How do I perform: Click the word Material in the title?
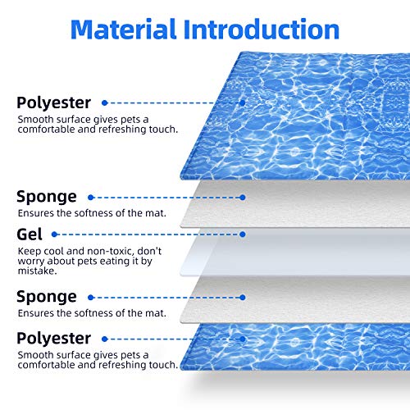click(x=123, y=29)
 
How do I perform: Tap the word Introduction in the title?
click(x=262, y=29)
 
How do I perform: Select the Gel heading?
click(x=30, y=235)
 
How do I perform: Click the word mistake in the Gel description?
click(x=36, y=271)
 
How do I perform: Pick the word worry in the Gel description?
click(x=31, y=262)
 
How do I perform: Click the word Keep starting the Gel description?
click(x=30, y=251)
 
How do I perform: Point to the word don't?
click(x=149, y=251)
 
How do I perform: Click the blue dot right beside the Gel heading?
click(x=54, y=235)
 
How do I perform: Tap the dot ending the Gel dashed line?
click(x=242, y=235)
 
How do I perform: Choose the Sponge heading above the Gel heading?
click(x=47, y=197)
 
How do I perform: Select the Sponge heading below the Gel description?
click(x=47, y=297)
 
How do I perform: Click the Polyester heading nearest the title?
click(x=53, y=102)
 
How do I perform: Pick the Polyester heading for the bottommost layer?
click(x=53, y=338)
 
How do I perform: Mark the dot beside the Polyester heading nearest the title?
click(x=104, y=103)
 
